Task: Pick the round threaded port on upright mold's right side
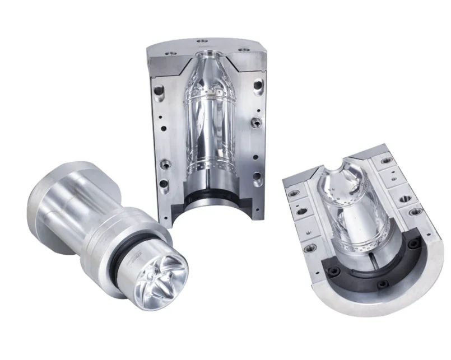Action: (255, 121)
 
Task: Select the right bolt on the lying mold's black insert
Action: (413, 245)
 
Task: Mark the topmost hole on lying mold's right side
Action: (385, 161)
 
